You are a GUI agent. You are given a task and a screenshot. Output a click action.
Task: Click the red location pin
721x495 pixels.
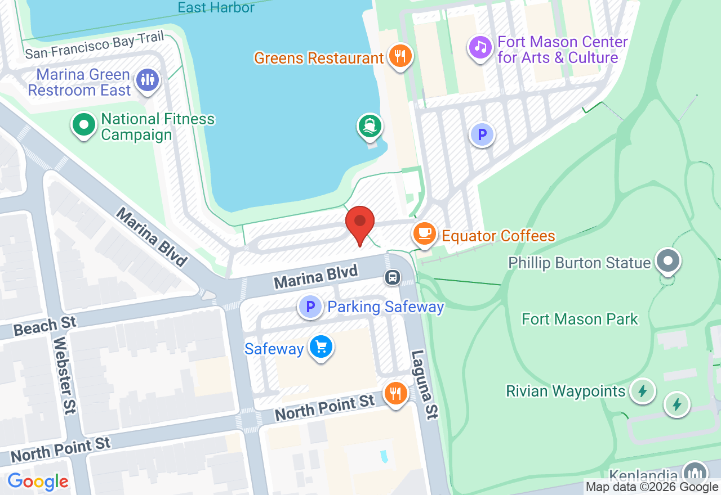click(x=360, y=223)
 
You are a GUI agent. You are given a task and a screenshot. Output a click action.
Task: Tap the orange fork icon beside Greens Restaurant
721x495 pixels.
click(x=400, y=56)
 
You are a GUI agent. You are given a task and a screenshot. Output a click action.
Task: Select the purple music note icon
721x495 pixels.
click(x=480, y=47)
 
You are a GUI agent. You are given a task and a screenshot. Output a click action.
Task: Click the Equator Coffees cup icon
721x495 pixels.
click(x=424, y=233)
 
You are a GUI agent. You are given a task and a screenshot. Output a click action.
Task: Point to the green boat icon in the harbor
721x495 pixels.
click(x=370, y=126)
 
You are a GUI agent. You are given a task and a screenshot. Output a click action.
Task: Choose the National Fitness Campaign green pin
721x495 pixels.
click(x=84, y=125)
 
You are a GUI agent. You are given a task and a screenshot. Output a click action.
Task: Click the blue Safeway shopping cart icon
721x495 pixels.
click(x=321, y=347)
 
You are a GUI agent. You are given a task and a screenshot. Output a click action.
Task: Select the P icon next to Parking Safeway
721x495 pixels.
click(x=310, y=307)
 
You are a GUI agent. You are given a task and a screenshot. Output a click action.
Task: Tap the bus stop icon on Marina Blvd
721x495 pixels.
click(x=393, y=277)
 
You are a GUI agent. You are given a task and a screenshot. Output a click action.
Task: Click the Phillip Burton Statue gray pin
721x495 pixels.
click(x=669, y=261)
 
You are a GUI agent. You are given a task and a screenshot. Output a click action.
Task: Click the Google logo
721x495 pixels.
click(x=38, y=481)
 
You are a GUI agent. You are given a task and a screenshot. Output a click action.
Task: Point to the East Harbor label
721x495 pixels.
click(x=216, y=7)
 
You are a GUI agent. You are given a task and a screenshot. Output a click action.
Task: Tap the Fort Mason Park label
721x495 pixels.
click(x=580, y=319)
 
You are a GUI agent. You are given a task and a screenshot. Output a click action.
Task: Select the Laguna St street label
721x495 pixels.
click(x=424, y=385)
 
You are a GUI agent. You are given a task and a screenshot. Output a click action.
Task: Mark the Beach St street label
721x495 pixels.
click(x=44, y=326)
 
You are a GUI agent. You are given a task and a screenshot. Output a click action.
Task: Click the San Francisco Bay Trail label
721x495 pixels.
click(x=95, y=46)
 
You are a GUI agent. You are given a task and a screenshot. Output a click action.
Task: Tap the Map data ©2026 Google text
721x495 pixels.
click(x=652, y=487)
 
